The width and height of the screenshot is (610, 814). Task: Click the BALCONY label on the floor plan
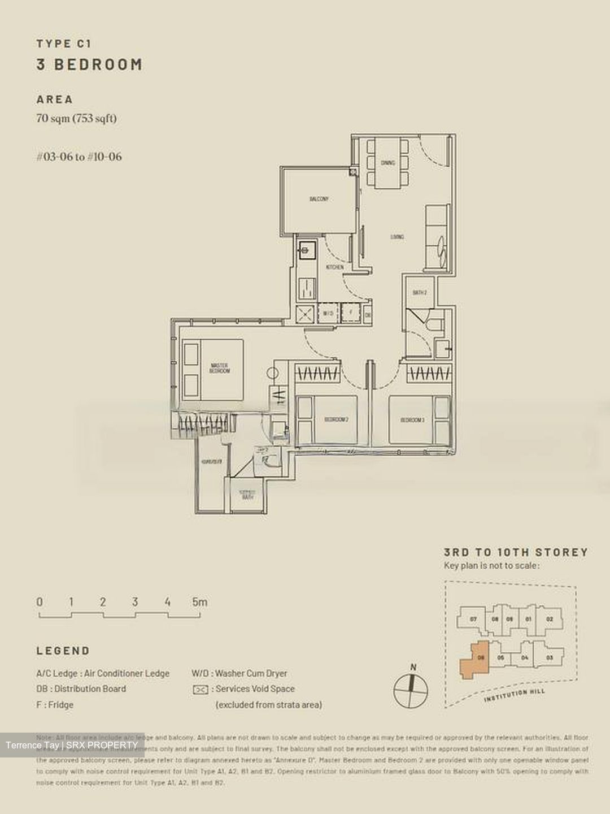point(319,199)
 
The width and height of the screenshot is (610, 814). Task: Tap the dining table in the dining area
point(388,163)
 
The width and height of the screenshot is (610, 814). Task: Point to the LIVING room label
point(397,237)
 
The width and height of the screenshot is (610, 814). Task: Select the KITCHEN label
point(334,267)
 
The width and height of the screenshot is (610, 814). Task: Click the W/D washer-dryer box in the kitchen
point(328,313)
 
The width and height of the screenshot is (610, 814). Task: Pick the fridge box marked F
point(351,313)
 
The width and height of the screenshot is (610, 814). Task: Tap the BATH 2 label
point(419,293)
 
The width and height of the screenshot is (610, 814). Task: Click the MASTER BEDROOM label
point(219,368)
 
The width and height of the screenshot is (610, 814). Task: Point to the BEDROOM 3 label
point(412,420)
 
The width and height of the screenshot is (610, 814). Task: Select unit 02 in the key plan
point(549,619)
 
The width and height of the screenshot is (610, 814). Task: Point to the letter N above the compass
point(413,668)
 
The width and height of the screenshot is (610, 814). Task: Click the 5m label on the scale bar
point(199,602)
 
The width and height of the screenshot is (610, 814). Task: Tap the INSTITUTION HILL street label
point(514,695)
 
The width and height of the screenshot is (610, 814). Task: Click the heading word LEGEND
point(63,651)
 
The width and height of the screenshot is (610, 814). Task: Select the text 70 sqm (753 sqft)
point(76,118)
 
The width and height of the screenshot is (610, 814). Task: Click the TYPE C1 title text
point(64,44)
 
